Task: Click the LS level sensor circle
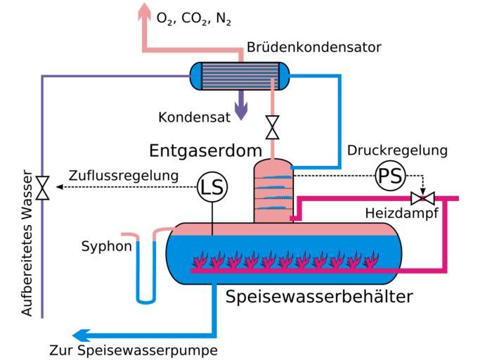[x=212, y=187]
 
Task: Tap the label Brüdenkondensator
[x=313, y=48]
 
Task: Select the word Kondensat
[x=194, y=117]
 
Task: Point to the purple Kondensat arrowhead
[x=241, y=112]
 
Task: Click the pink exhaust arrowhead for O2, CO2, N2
[x=145, y=10]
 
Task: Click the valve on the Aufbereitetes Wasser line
[x=42, y=188]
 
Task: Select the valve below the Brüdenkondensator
[x=272, y=127]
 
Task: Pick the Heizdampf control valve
[x=422, y=198]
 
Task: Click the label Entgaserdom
[x=205, y=150]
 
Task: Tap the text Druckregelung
[x=397, y=150]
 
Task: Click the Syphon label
[x=106, y=246]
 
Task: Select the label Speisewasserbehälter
[x=319, y=297]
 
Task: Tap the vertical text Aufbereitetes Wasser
[x=28, y=242]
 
